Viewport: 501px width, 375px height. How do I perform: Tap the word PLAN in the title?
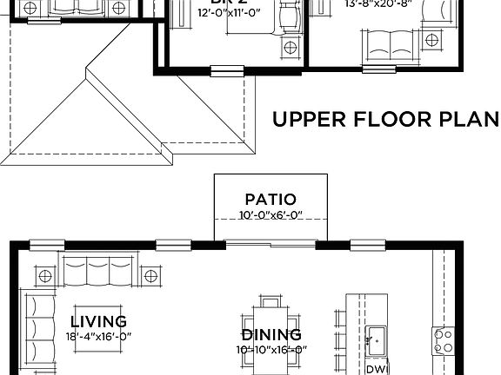coord(467,119)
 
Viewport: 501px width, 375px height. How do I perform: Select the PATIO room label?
coord(270,200)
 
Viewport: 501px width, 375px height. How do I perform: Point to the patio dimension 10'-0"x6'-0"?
coord(270,216)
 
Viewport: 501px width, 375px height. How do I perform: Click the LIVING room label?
coord(98,321)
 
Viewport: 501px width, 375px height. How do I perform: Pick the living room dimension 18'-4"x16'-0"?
coord(99,336)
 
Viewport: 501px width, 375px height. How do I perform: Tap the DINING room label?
coord(271,334)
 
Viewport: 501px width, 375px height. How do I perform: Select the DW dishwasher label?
coord(376,369)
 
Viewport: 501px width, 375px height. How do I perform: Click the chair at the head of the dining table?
coord(271,304)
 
